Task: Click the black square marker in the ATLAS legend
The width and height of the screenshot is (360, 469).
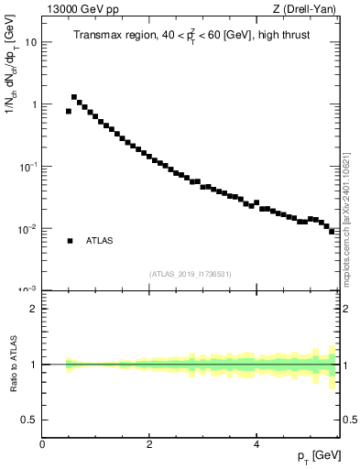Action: coord(70,241)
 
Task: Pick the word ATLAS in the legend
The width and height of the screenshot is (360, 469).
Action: coord(100,241)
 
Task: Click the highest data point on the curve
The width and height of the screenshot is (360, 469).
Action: coord(74,97)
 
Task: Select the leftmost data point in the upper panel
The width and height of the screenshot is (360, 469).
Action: coord(69,111)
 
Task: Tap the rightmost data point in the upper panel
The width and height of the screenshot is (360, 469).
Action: coord(332,232)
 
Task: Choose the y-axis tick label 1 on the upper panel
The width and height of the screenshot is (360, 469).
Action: coord(34,104)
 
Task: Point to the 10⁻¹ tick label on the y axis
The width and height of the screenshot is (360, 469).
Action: coord(28,167)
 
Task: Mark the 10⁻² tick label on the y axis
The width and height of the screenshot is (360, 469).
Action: coord(28,229)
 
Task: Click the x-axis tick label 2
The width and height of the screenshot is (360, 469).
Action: coord(149,443)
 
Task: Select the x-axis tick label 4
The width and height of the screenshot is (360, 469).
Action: coord(256,443)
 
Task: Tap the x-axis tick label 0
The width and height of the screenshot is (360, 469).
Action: coord(42,443)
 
